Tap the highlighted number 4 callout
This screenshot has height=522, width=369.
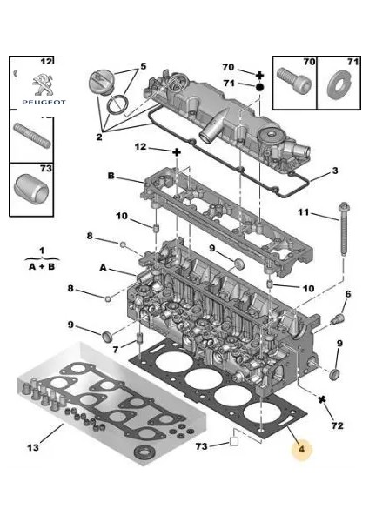point(302,450)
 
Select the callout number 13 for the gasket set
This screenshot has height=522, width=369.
point(31,447)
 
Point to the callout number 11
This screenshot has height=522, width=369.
point(303,211)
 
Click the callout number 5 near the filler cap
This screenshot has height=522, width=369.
point(144,65)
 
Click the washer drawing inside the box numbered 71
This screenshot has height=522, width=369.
point(334,88)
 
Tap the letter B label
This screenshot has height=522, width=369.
point(111,176)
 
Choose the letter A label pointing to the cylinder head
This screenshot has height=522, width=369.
point(104,268)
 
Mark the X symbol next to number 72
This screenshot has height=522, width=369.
point(322,400)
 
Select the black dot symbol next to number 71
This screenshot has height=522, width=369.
point(259,87)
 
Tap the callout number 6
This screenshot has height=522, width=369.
point(347,294)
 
